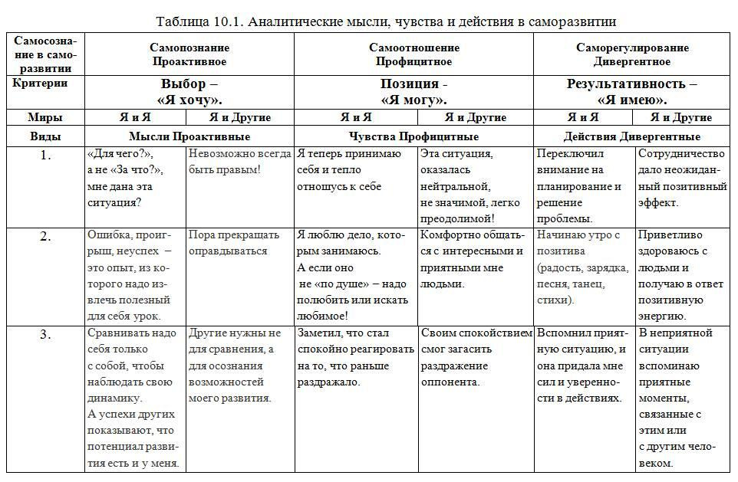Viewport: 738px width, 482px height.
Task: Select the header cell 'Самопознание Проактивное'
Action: click(x=189, y=54)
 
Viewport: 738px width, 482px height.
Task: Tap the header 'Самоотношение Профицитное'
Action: click(x=414, y=54)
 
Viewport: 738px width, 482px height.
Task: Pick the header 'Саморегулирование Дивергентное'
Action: click(x=632, y=54)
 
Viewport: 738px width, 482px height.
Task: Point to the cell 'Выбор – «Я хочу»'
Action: click(x=189, y=92)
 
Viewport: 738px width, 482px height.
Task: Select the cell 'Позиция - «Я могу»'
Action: click(x=414, y=92)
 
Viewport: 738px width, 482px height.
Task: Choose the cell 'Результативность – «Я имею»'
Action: click(x=632, y=92)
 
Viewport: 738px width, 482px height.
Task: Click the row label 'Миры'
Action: click(x=45, y=117)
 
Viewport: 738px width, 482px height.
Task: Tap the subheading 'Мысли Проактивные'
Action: click(x=189, y=136)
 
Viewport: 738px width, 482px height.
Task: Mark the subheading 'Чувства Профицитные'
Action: click(x=414, y=136)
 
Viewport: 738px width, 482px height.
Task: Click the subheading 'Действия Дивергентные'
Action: click(x=632, y=136)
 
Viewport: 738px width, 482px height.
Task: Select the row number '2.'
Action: click(x=45, y=236)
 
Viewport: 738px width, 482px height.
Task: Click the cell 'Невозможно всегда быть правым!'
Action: click(x=240, y=162)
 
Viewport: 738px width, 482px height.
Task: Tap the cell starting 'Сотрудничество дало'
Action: click(x=682, y=178)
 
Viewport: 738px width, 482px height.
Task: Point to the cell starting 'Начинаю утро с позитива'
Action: click(x=585, y=267)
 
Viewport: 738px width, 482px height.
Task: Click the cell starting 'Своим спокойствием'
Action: click(x=476, y=357)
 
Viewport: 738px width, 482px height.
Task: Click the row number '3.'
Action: click(x=45, y=334)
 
